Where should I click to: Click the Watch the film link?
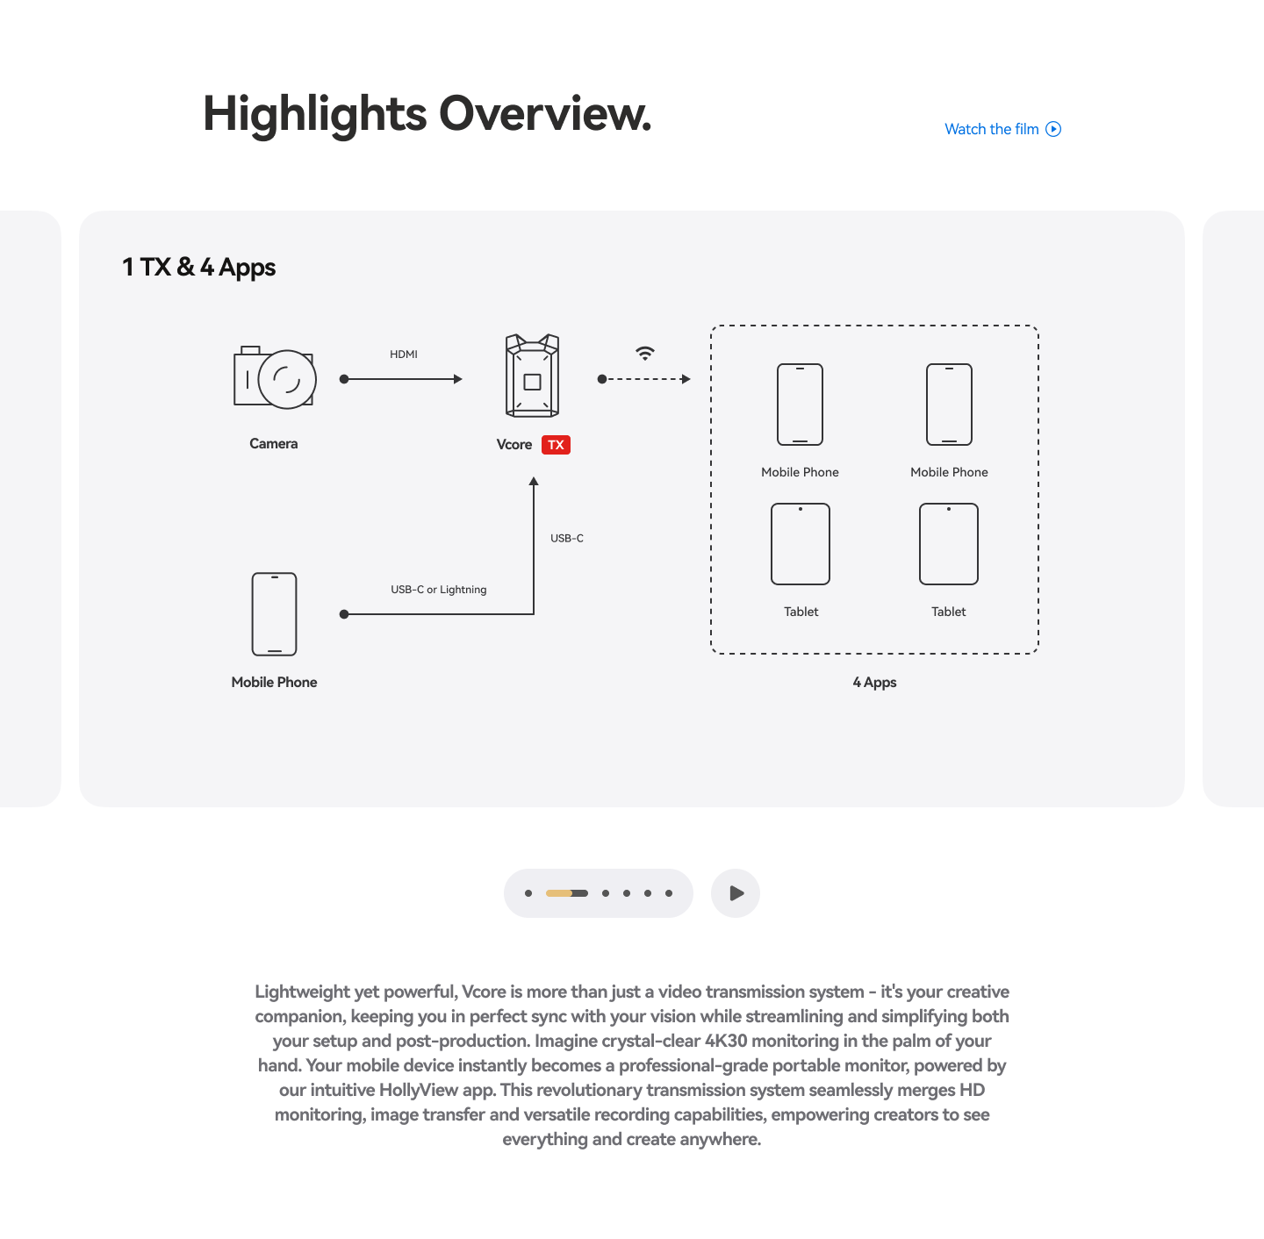[x=1002, y=129]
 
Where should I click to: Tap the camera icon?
[x=275, y=377]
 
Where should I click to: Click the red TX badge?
[x=556, y=445]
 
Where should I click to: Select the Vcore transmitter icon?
[x=532, y=376]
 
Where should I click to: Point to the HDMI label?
[x=404, y=355]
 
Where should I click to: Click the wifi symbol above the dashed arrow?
[x=645, y=353]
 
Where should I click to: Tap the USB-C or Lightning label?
[x=439, y=589]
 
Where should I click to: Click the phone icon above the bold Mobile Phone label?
[x=274, y=614]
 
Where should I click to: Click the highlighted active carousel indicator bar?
[x=567, y=892]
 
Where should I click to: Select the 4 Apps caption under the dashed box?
[x=874, y=682]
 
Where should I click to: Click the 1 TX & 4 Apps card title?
[x=198, y=267]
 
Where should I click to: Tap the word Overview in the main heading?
[x=544, y=113]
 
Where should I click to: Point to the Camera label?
[x=274, y=443]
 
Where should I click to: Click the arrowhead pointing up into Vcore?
[x=534, y=482]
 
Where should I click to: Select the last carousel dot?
[x=668, y=892]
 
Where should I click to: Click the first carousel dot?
[x=528, y=892]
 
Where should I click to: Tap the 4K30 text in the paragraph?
[x=726, y=1041]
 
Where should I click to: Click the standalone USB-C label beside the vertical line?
[x=567, y=538]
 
